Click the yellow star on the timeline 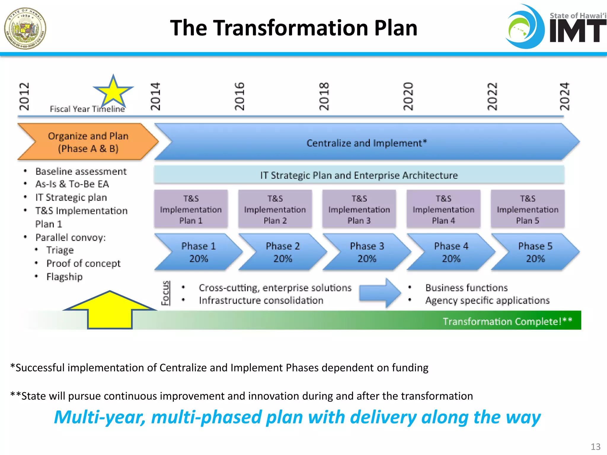(113, 91)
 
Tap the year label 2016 (239, 97)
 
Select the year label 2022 (492, 97)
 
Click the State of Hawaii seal (25, 28)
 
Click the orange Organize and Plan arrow (88, 142)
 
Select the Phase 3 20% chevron (367, 252)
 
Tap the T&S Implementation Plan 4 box (443, 209)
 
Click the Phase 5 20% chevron (535, 252)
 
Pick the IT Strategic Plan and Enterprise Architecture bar (359, 175)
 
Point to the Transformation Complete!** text (507, 321)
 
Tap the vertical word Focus (165, 293)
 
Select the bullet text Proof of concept (83, 263)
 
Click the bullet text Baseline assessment (81, 171)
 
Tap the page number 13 (595, 446)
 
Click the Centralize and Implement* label (366, 143)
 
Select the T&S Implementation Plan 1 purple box (191, 209)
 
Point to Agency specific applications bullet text (487, 300)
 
